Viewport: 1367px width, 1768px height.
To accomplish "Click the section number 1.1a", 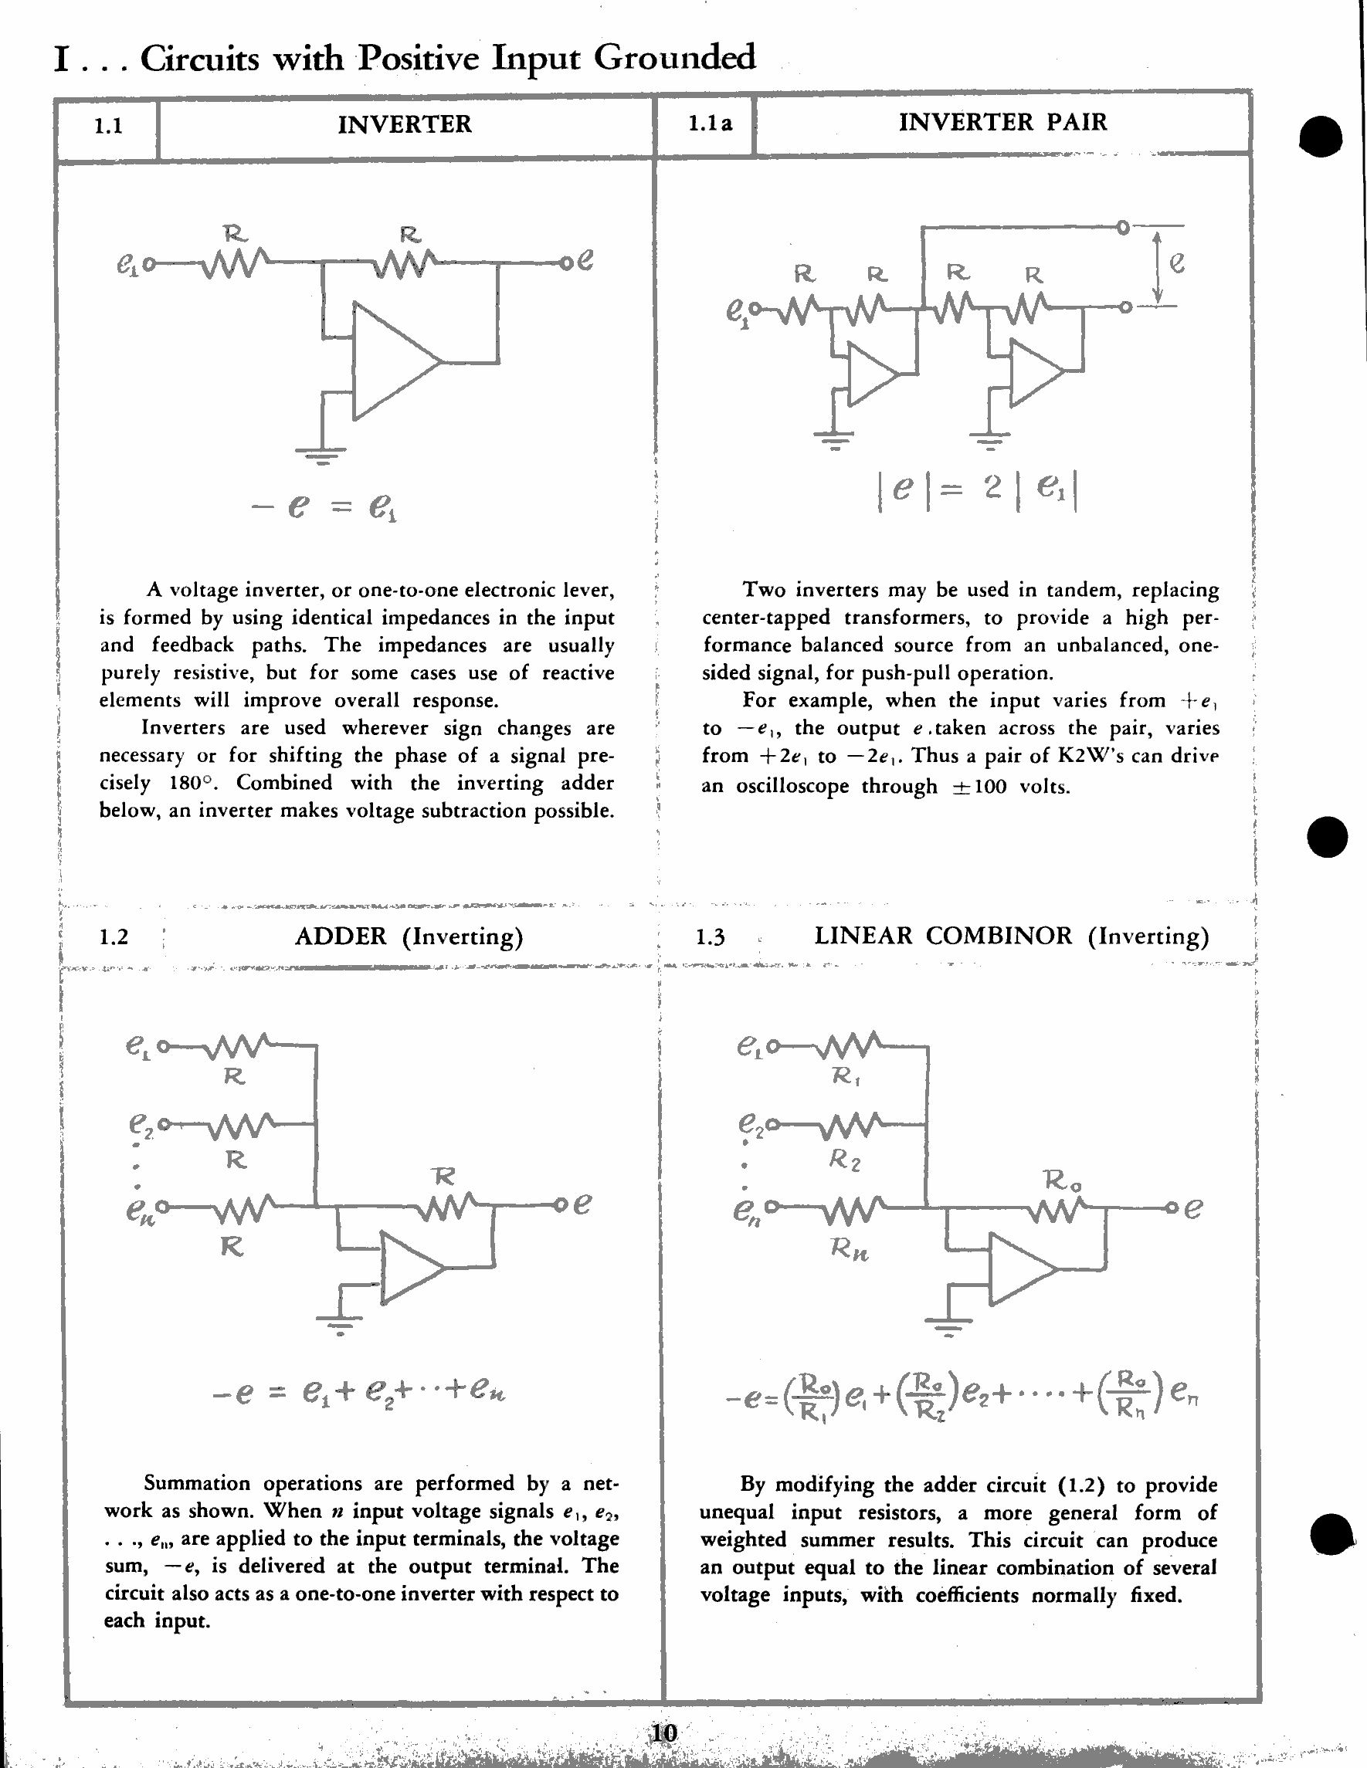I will (710, 124).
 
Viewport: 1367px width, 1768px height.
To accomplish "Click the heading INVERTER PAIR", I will (1002, 122).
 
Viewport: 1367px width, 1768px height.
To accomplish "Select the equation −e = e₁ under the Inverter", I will (324, 507).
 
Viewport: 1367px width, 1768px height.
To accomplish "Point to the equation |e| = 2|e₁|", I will (978, 489).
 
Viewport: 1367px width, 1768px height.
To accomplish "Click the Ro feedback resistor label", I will (1062, 1180).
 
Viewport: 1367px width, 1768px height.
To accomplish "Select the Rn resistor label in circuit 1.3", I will (849, 1249).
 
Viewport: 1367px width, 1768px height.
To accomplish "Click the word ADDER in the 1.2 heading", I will (340, 936).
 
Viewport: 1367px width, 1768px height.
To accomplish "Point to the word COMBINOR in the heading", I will (999, 936).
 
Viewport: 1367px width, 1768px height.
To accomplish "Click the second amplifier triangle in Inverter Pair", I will (1034, 372).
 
